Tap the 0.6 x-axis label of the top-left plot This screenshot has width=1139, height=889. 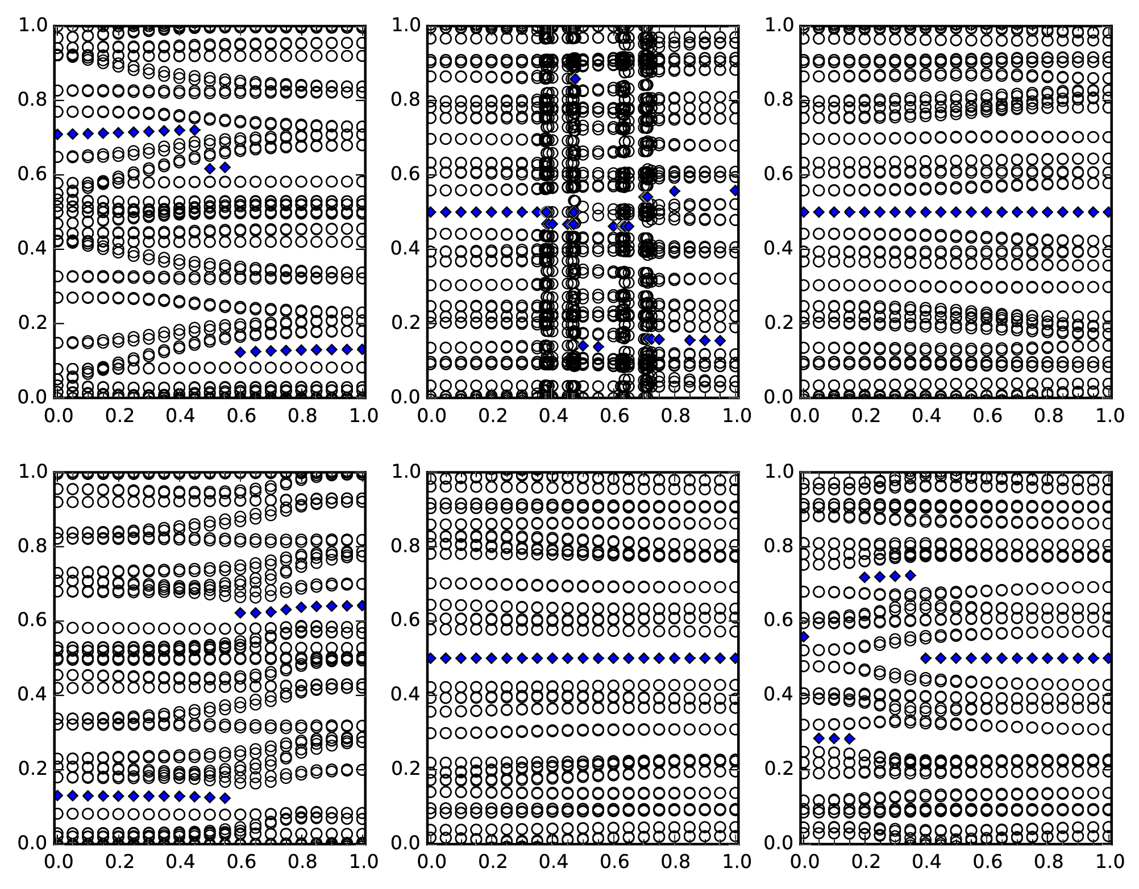point(241,416)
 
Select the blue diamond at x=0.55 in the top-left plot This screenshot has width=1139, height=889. point(225,167)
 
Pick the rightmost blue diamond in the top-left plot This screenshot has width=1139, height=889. point(362,349)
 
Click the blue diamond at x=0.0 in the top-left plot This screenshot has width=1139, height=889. point(57,134)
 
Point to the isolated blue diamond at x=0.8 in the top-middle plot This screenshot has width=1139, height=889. point(675,191)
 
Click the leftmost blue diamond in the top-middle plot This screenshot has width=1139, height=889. point(431,212)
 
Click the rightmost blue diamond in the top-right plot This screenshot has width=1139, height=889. point(1108,212)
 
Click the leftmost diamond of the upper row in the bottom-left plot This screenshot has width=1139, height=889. point(240,612)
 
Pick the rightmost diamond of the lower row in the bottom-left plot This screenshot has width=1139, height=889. point(225,798)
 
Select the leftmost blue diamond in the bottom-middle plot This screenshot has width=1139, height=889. point(431,658)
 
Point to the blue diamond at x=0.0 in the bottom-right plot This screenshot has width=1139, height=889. point(804,637)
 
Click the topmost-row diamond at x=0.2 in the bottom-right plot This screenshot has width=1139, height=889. point(864,577)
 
